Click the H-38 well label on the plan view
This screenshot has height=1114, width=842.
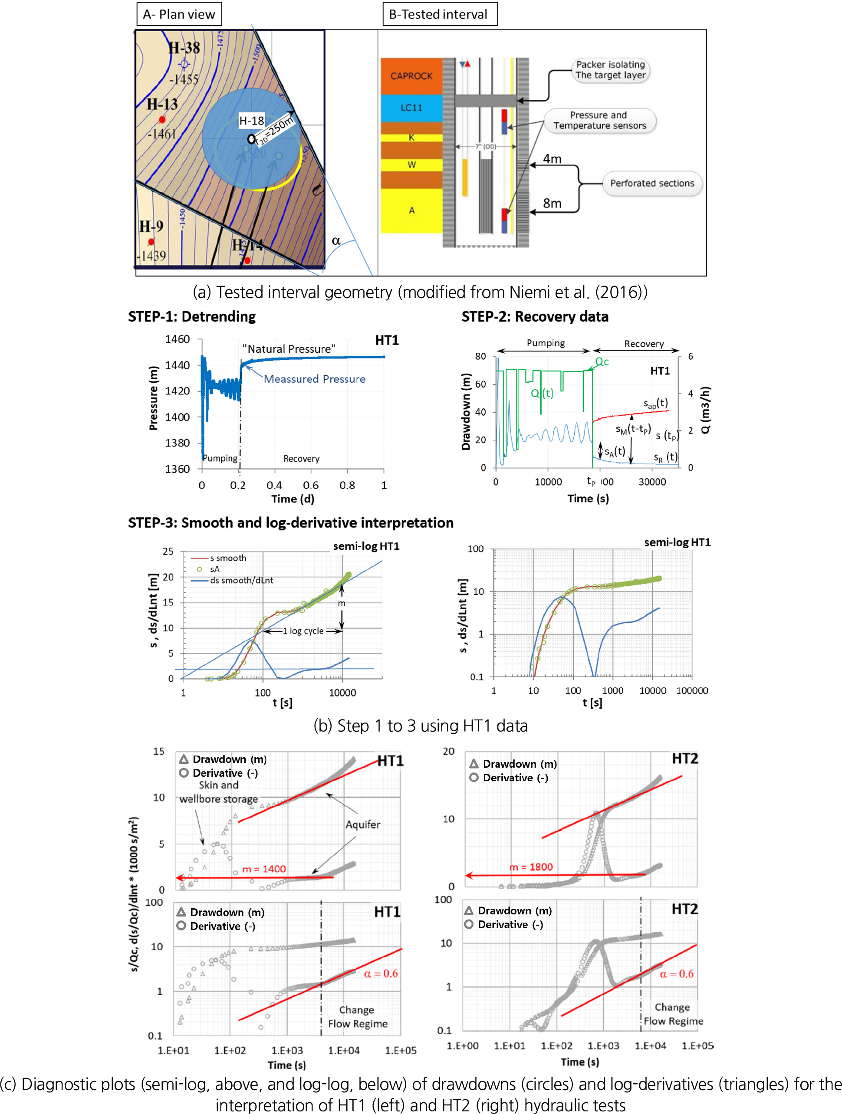184,48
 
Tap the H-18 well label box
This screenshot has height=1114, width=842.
251,120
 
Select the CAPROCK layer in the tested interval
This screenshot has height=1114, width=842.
411,76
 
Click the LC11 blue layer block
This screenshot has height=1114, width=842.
411,108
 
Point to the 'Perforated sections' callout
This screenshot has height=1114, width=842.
652,183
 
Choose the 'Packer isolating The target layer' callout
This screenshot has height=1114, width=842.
610,70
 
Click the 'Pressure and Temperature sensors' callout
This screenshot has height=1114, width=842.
599,120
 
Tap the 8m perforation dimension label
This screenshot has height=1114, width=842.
552,204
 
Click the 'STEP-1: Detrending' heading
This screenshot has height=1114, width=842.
192,317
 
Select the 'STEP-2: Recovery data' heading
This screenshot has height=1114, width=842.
535,317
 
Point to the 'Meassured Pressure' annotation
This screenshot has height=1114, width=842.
314,379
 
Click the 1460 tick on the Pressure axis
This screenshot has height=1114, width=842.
177,339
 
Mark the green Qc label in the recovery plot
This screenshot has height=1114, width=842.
602,361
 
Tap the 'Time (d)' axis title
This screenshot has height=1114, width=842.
293,499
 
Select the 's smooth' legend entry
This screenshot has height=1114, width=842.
227,558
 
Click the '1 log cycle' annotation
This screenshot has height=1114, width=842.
303,631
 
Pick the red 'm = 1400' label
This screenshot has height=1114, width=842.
264,869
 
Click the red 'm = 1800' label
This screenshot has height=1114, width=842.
531,867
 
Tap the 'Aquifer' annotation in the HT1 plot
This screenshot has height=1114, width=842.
362,825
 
